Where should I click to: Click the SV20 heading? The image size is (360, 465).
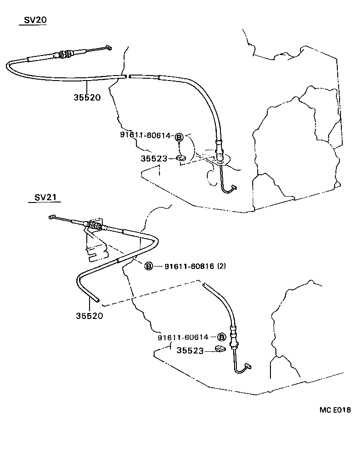(x=35, y=20)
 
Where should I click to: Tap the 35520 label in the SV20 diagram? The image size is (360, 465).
(x=87, y=97)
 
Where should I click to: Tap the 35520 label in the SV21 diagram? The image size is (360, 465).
(x=90, y=316)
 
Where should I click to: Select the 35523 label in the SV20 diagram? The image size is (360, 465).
(x=154, y=159)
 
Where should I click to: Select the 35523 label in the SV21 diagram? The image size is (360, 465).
(x=190, y=350)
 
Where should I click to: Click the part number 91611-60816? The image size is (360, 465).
(x=190, y=266)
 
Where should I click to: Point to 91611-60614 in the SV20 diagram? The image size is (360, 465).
(x=145, y=135)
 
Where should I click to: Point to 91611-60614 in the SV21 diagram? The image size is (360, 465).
(x=183, y=337)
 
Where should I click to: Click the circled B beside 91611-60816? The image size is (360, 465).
(x=149, y=266)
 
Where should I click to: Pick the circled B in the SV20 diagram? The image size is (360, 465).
(x=179, y=137)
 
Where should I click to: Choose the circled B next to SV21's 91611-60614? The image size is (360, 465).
(x=221, y=337)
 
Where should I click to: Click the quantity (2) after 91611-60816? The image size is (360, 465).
(x=222, y=266)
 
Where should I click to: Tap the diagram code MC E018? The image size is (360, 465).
(x=335, y=410)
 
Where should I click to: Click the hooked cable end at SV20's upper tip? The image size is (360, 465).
(x=109, y=47)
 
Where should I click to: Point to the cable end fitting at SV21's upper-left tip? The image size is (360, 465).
(x=52, y=217)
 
